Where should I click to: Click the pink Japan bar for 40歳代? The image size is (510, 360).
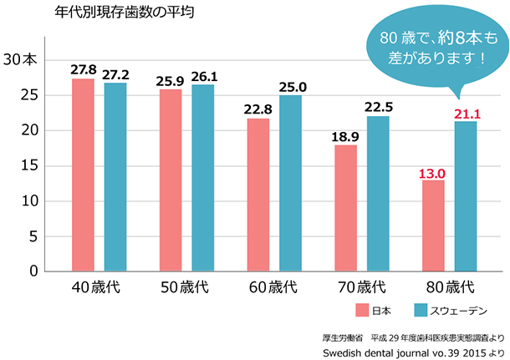pyautogui.click(x=83, y=175)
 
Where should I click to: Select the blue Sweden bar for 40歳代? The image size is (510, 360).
pyautogui.click(x=115, y=176)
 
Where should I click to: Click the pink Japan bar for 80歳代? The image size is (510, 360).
pyautogui.click(x=434, y=226)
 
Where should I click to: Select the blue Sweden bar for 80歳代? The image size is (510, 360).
pyautogui.click(x=466, y=196)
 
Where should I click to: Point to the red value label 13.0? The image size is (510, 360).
pyautogui.click(x=434, y=173)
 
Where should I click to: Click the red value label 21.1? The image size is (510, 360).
pyautogui.click(x=466, y=114)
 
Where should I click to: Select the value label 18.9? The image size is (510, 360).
pyautogui.click(x=346, y=137)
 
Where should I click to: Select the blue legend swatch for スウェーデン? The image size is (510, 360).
pyautogui.click(x=421, y=311)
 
